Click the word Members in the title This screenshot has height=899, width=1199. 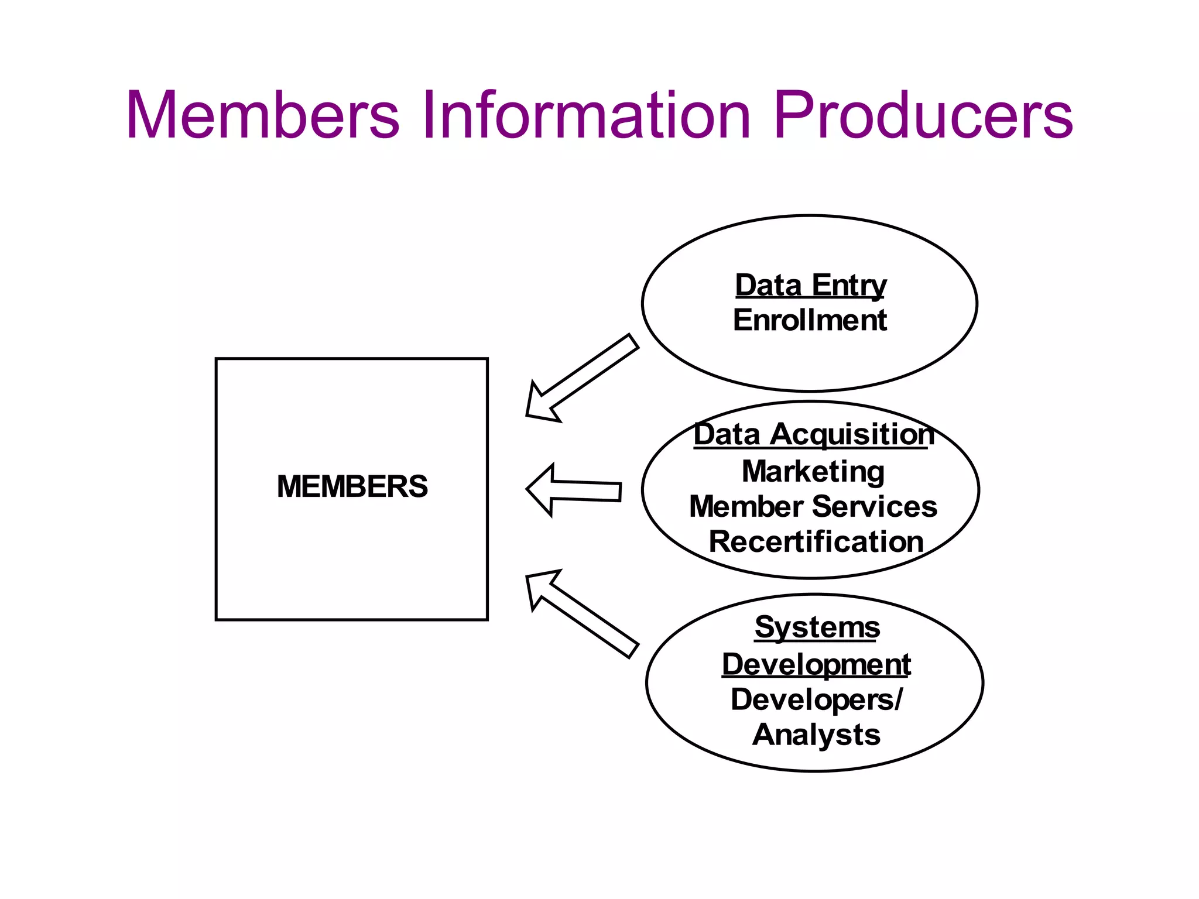[263, 115]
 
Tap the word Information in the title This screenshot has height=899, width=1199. [585, 115]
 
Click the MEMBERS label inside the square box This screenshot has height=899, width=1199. [352, 486]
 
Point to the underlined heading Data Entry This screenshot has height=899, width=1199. [810, 286]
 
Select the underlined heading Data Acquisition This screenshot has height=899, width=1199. [813, 435]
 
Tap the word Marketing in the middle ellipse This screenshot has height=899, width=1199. [813, 472]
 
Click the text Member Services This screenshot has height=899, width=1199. [813, 507]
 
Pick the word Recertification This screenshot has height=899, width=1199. [816, 542]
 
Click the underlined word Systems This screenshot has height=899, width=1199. [817, 627]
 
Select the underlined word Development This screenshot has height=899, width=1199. [816, 664]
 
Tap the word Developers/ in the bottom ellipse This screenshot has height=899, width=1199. [816, 700]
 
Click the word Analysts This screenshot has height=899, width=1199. [816, 735]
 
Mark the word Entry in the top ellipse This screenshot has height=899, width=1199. [848, 286]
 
